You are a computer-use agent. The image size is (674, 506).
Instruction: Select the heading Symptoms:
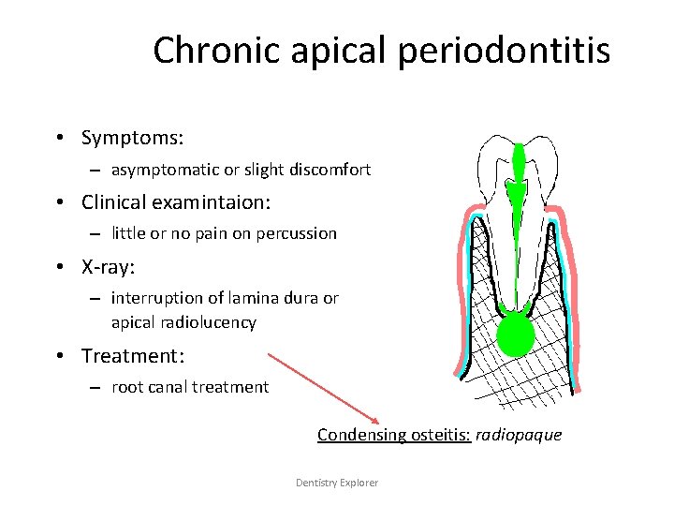[x=132, y=138]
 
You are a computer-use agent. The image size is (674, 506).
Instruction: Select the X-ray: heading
[x=109, y=267]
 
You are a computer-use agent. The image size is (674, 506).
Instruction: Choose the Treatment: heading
[x=134, y=356]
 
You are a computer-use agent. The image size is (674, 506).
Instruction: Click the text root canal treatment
[x=190, y=387]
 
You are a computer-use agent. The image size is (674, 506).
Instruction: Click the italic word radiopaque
[x=519, y=435]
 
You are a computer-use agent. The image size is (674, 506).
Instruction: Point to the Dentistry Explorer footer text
[x=337, y=483]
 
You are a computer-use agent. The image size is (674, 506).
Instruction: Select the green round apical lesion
[x=513, y=335]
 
